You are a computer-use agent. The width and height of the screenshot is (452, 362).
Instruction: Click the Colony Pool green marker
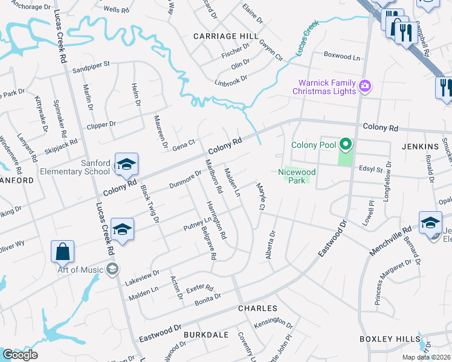(x=345, y=145)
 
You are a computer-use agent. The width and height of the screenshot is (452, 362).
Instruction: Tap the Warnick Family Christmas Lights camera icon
(x=364, y=86)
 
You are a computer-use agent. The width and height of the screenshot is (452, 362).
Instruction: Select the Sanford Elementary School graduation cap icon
(x=127, y=164)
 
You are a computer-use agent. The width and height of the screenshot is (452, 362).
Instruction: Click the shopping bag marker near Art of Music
(x=63, y=252)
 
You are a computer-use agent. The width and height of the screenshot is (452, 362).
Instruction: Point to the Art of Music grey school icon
(x=111, y=269)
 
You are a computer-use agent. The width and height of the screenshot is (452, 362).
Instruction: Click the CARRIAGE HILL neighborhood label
(x=221, y=36)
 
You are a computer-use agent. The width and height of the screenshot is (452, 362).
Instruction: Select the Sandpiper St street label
(x=91, y=66)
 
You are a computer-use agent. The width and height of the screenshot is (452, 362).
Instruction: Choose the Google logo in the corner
(x=20, y=355)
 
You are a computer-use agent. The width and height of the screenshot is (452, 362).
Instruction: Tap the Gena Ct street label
(x=184, y=145)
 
